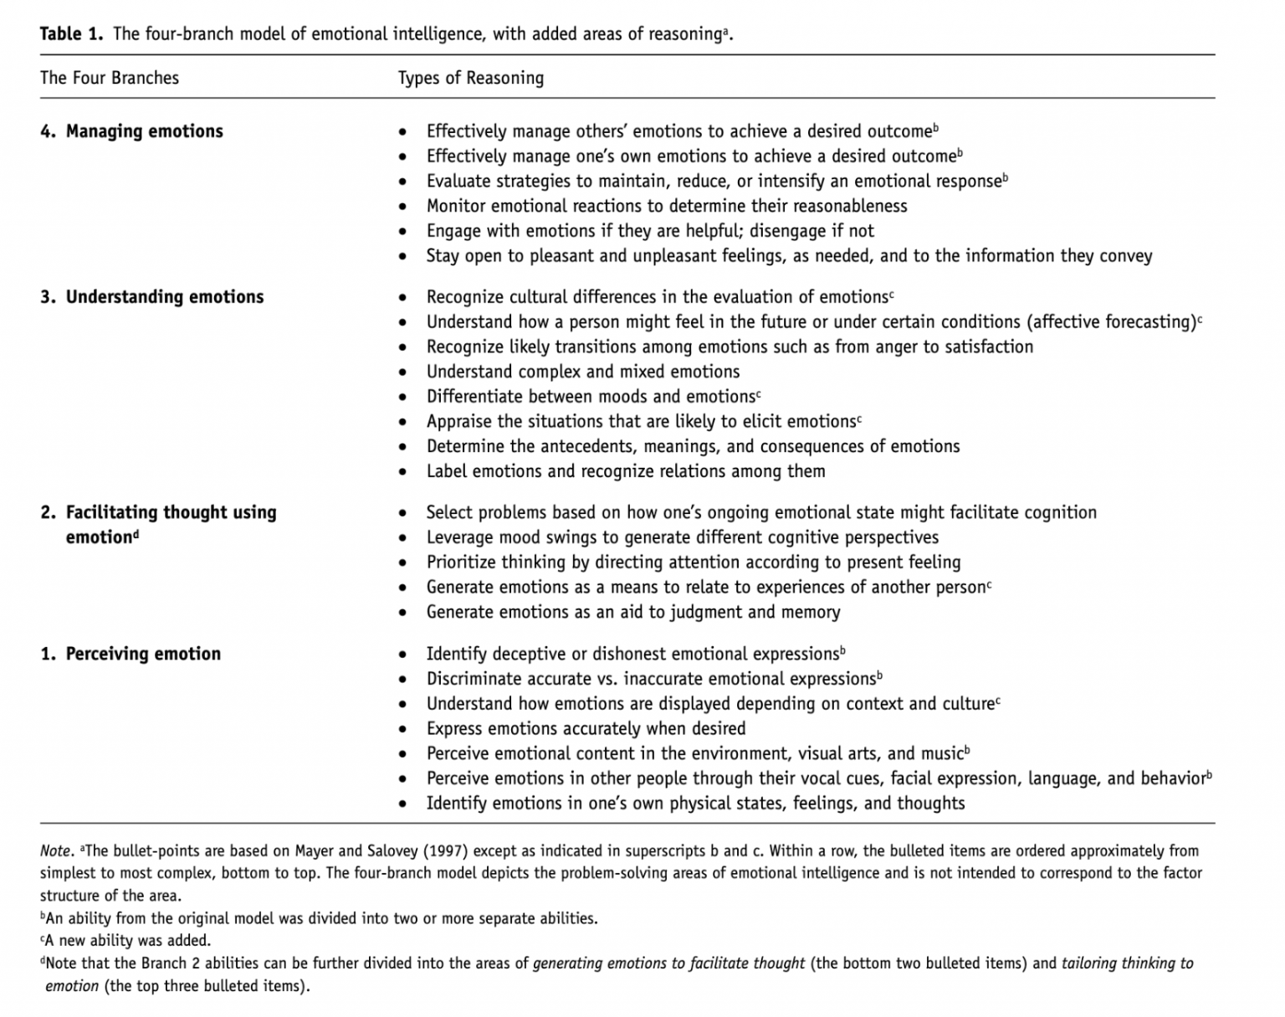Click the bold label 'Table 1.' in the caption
pos(72,33)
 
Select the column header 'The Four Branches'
pos(110,78)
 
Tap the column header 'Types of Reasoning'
pos(470,78)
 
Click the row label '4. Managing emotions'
pos(132,131)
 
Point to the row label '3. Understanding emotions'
pos(152,297)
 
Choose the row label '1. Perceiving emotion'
pos(131,654)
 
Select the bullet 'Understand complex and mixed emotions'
pos(583,372)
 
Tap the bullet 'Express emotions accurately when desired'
pos(586,728)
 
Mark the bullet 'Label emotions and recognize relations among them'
pos(626,471)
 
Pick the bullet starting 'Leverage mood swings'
pos(682,537)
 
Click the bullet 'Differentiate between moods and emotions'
pos(591,397)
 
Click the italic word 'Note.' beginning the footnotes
pos(57,851)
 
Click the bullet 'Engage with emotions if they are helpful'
pos(650,231)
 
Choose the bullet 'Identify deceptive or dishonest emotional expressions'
pos(632,654)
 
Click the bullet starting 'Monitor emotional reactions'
pos(666,206)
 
